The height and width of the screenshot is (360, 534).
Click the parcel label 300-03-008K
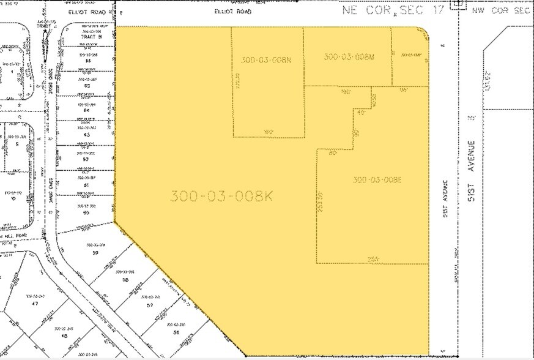221,196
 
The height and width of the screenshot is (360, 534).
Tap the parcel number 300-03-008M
348,57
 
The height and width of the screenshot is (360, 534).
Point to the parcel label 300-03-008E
377,179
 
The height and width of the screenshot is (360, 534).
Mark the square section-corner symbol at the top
455,4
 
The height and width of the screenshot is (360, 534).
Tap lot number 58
125,279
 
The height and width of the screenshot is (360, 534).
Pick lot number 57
149,304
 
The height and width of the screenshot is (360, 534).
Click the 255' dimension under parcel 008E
373,259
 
